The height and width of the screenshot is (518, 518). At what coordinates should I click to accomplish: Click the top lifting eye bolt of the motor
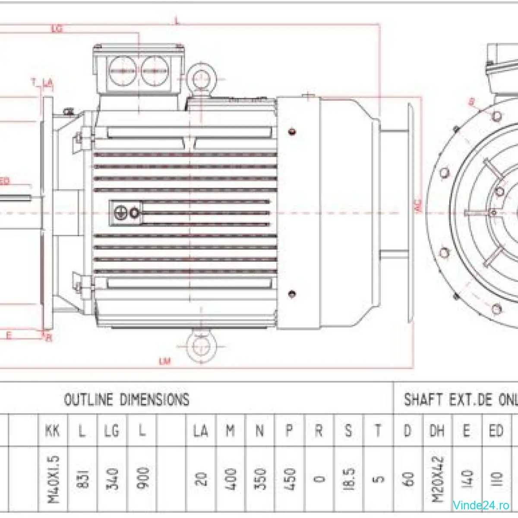tap(200, 79)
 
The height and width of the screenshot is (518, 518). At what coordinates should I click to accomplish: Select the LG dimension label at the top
tap(57, 29)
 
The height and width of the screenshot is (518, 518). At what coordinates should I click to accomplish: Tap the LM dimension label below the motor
tap(164, 361)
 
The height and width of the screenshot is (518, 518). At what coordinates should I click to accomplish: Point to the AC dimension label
tap(418, 208)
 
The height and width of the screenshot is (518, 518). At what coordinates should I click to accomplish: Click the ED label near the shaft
tap(5, 181)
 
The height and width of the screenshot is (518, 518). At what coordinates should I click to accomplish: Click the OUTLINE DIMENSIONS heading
tap(126, 400)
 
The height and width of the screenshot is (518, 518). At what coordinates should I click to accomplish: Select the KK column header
tap(53, 430)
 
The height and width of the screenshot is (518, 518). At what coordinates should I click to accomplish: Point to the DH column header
tap(437, 430)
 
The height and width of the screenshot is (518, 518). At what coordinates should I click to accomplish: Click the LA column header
tap(201, 430)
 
